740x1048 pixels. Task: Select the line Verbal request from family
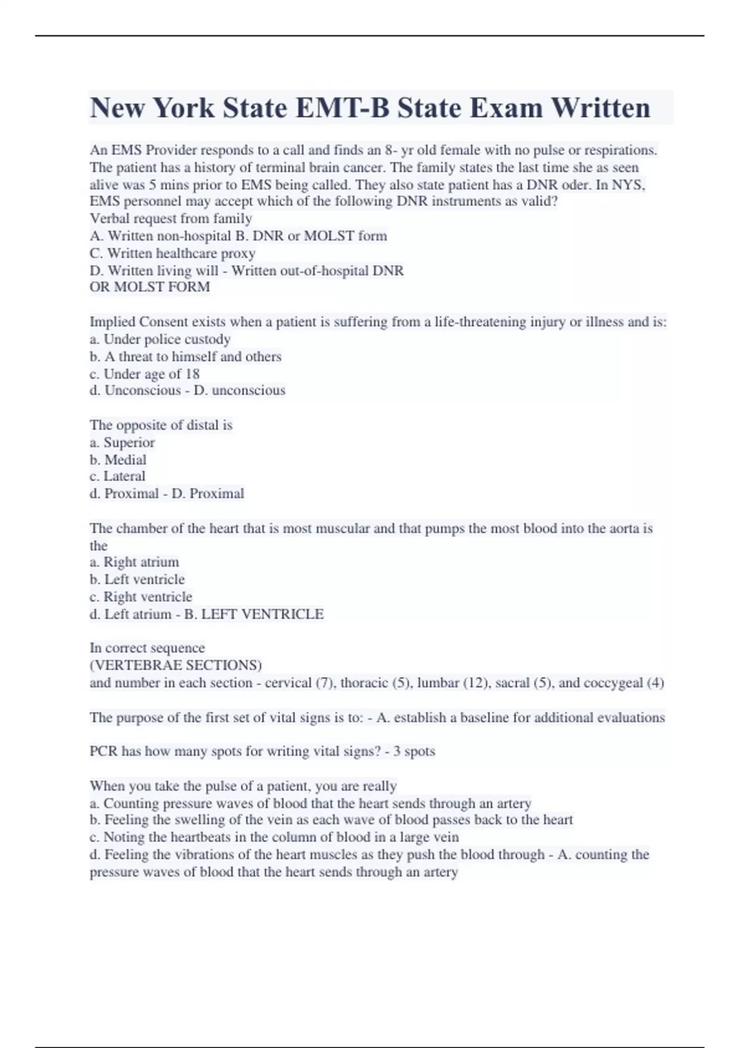[171, 219]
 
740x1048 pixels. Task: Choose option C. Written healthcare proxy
[173, 253]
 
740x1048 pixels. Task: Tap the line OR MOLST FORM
[150, 287]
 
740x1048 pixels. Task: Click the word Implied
[112, 322]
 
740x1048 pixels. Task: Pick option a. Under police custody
[160, 339]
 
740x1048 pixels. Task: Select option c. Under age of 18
[145, 374]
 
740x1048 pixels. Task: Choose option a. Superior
[122, 443]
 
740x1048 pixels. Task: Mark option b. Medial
[118, 460]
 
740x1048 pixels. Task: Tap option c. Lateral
[118, 477]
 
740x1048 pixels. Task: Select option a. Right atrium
[134, 562]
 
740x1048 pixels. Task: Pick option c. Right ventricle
[141, 597]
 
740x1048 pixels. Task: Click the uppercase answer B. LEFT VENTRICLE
[254, 614]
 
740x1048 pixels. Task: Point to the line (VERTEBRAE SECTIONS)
[176, 665]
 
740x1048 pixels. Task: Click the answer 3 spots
[414, 751]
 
